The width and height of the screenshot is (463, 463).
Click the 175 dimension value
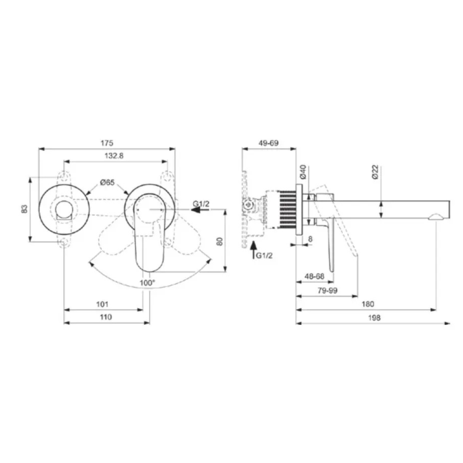[x=106, y=143]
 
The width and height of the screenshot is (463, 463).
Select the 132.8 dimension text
[x=114, y=156]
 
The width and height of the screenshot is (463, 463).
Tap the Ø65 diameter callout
[x=107, y=183]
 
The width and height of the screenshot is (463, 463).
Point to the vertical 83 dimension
[x=25, y=209]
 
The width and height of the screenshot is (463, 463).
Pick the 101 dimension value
[x=102, y=304]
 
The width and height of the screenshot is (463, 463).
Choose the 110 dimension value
[x=106, y=317]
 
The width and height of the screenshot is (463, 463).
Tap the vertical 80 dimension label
[x=220, y=241]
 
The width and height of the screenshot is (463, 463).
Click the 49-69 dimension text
[x=269, y=143]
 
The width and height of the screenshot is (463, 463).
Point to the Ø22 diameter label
[x=375, y=172]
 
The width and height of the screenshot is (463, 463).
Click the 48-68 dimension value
[x=314, y=277]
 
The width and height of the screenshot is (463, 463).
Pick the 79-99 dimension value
[x=328, y=291]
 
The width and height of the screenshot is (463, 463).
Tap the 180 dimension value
[x=368, y=304]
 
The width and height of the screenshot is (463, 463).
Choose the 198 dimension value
[x=374, y=318]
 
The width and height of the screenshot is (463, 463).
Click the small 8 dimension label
[x=311, y=239]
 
